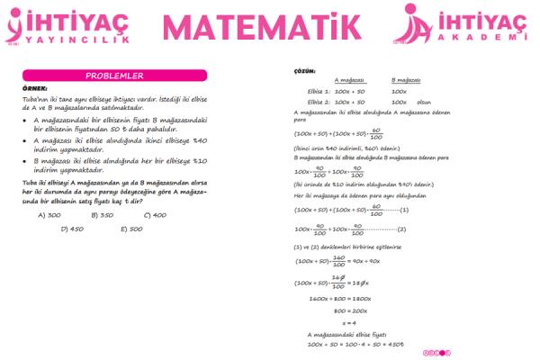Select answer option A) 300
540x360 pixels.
pos(49,215)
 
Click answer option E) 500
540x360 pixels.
pos(130,229)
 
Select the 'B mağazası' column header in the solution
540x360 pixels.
pos(409,81)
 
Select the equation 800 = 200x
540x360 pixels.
pos(349,310)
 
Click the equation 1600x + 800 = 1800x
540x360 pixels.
pos(340,297)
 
